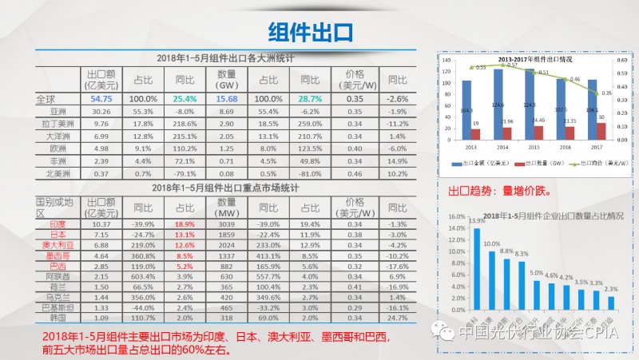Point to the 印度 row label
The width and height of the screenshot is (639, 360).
coord(57,225)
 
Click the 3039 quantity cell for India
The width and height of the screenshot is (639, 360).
coord(227,225)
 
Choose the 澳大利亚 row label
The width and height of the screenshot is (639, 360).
coord(57,245)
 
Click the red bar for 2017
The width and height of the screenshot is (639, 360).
coord(601,129)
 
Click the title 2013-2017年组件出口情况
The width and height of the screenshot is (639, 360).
coord(534,60)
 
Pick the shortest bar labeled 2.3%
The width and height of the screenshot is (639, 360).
coord(611,303)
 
